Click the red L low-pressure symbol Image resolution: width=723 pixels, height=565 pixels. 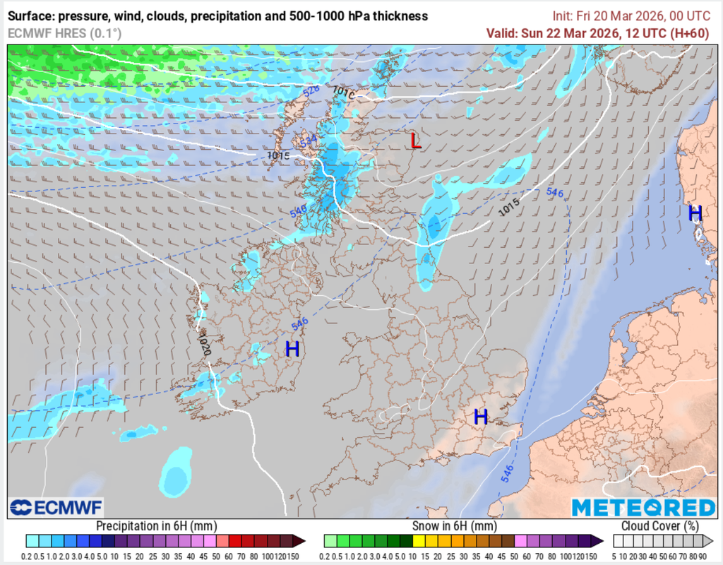coord(416,141)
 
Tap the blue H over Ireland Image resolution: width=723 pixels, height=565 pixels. coord(292,348)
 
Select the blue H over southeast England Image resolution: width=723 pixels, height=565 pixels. coord(481,417)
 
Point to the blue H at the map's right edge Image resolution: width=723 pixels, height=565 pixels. coord(695,213)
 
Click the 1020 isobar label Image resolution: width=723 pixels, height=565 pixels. coord(205,345)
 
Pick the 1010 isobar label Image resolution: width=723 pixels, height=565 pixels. coord(343,92)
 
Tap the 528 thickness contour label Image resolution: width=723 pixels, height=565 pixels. coord(311,90)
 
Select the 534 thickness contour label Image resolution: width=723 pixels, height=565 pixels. coord(309,142)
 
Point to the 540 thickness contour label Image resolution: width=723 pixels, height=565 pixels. coord(298,210)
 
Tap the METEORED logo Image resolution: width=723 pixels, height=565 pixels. coord(643,507)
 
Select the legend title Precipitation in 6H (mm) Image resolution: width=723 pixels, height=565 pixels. coord(156,526)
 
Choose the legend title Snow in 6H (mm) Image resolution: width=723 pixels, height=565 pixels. coord(454,526)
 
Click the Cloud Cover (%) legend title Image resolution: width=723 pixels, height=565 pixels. coord(660,526)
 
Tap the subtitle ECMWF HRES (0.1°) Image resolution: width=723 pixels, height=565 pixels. coord(64,32)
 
